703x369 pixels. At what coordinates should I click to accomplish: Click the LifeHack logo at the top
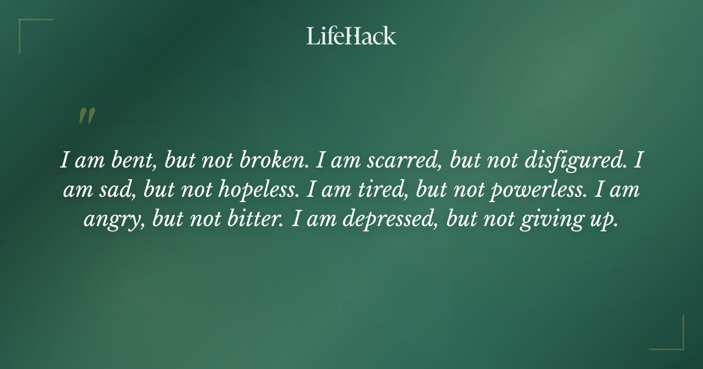click(351, 36)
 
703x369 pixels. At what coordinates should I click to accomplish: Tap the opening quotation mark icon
click(86, 116)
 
